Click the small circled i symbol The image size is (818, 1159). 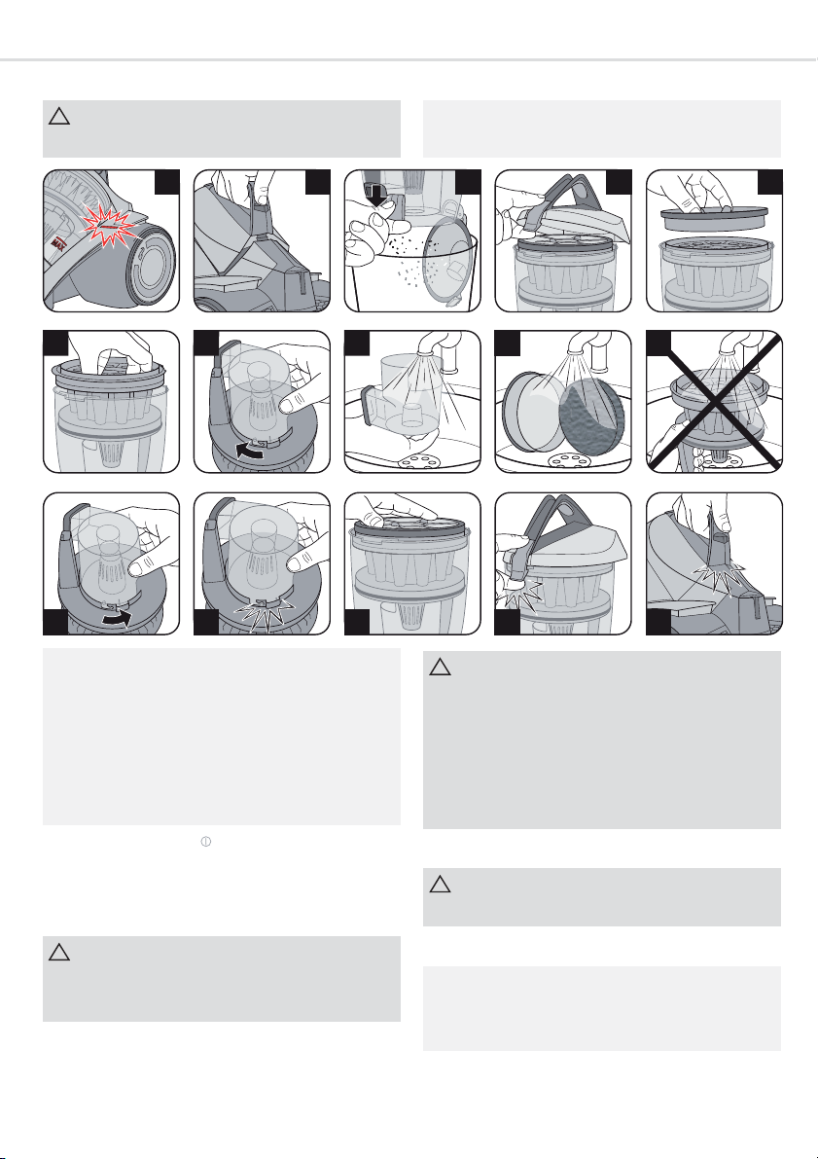coord(205,840)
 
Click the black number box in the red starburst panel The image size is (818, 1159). coord(167,181)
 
